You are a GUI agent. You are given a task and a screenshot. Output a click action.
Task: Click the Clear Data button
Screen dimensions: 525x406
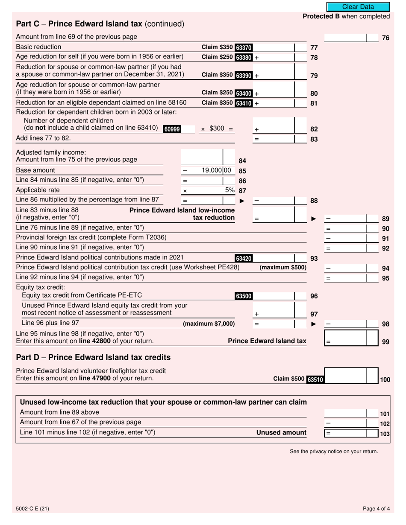(x=358, y=7)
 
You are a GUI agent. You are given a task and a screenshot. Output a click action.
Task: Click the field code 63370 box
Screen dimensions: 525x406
(x=244, y=47)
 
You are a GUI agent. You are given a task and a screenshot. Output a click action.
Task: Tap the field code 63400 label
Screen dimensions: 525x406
(x=244, y=93)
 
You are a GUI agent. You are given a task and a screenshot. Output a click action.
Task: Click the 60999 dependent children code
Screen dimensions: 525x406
(x=172, y=129)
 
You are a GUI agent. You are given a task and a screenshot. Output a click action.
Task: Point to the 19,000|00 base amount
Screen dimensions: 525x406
(x=216, y=170)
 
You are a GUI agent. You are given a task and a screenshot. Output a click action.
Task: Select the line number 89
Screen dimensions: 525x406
(x=385, y=219)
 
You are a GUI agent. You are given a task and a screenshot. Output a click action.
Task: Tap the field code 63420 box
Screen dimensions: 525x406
(x=244, y=258)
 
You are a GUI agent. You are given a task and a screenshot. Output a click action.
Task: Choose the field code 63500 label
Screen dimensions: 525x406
(x=244, y=296)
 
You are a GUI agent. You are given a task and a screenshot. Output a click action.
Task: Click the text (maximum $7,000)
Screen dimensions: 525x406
(x=209, y=324)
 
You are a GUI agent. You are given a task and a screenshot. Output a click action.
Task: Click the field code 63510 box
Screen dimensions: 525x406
(x=315, y=379)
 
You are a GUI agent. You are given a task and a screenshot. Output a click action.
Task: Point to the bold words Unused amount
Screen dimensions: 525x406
(x=281, y=432)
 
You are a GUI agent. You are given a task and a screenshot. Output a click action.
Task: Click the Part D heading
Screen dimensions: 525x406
(x=93, y=357)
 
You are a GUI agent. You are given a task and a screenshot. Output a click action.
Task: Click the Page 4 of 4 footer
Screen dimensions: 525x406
(x=376, y=508)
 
